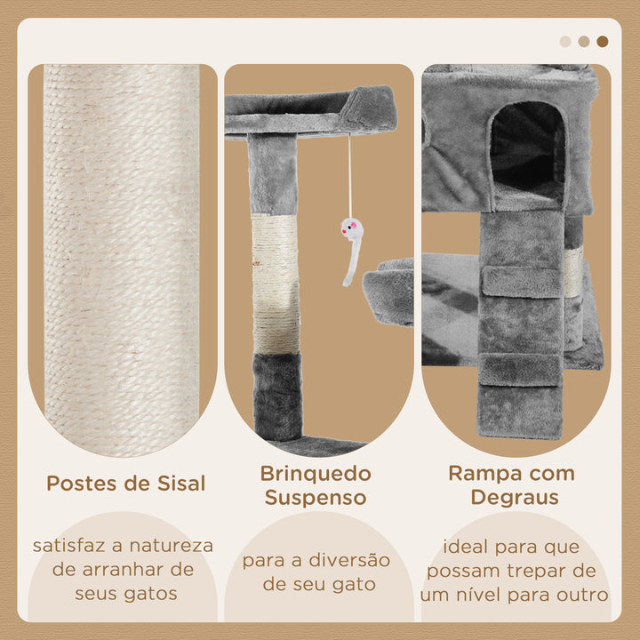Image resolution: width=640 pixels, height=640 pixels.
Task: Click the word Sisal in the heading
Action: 180,484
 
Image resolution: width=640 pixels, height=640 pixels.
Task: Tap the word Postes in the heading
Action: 82,484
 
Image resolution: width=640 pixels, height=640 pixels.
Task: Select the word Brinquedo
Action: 316,475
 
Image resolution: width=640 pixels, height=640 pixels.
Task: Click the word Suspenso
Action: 316,498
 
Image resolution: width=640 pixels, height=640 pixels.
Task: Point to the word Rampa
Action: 480,475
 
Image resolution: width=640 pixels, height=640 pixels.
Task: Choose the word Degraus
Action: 515,498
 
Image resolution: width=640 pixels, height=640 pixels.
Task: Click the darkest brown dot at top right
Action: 603,41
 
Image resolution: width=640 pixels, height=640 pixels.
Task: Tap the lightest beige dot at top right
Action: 565,41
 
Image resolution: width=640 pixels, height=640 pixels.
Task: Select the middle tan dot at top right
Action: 584,41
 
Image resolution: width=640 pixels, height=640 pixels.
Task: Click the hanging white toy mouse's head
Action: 351,228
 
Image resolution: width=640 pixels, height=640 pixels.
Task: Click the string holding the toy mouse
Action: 350,176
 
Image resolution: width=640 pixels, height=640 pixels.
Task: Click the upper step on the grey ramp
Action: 522,282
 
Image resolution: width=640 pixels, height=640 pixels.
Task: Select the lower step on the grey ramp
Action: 520,370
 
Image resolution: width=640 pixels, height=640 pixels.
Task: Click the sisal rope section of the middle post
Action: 275,284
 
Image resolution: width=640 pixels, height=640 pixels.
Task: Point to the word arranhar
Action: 123,570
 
